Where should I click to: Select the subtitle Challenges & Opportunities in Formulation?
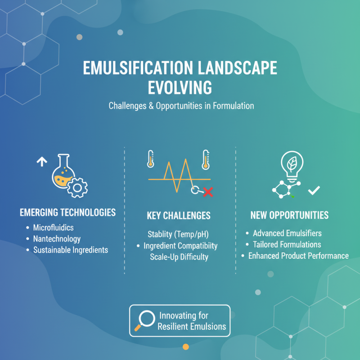(x=181, y=106)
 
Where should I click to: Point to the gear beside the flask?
(x=77, y=186)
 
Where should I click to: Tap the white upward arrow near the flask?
(x=42, y=162)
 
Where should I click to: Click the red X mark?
(x=208, y=193)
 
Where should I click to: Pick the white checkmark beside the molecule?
(x=313, y=191)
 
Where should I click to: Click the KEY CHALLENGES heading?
(x=179, y=216)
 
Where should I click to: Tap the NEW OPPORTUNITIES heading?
(x=289, y=216)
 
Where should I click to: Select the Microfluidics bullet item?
(x=53, y=228)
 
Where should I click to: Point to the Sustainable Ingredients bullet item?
(x=70, y=250)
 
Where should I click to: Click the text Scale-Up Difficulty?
(x=179, y=257)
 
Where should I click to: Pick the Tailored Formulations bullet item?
(x=287, y=244)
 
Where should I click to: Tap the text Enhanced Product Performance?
(x=298, y=256)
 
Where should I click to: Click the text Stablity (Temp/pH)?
(x=179, y=234)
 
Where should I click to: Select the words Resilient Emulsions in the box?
(x=192, y=327)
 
